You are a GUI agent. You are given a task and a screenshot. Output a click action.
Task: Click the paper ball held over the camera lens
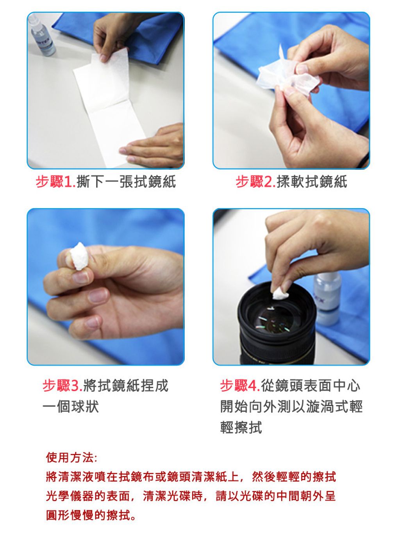pyautogui.click(x=280, y=293)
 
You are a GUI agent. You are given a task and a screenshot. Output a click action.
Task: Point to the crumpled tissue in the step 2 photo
pyautogui.click(x=287, y=73)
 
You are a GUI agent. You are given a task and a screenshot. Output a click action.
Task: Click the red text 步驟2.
pyautogui.click(x=255, y=182)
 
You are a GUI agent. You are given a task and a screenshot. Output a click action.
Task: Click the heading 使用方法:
pyautogui.click(x=71, y=458)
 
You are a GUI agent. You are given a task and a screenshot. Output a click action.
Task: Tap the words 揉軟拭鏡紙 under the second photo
pyautogui.click(x=312, y=182)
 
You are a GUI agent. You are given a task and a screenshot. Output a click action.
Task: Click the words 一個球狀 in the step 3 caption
pyautogui.click(x=71, y=407)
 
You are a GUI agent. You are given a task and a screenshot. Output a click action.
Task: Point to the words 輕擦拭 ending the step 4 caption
pyautogui.click(x=241, y=427)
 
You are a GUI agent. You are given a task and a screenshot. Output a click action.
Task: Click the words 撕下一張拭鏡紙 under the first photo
pyautogui.click(x=126, y=182)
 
